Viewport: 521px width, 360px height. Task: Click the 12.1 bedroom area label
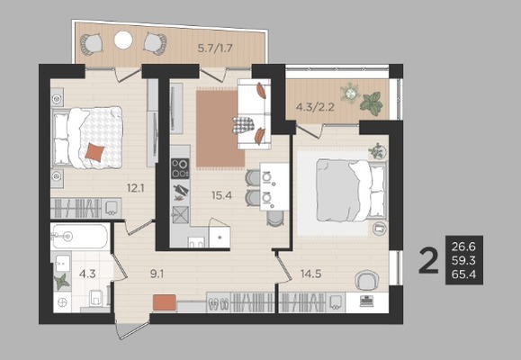135,188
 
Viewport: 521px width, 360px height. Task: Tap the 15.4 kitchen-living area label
222,195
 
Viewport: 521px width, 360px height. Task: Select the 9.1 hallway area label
157,274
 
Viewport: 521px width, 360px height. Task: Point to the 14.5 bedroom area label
310,274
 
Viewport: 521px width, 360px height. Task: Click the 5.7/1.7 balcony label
215,49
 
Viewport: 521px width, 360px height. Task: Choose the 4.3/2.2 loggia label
315,107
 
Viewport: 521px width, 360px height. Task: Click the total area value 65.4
463,274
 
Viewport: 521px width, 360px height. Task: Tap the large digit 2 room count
428,261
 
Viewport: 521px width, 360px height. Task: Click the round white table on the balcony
123,40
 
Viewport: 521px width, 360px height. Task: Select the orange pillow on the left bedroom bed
94,152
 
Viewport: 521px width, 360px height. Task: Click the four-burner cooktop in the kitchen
180,168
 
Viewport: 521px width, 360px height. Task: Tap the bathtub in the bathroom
80,237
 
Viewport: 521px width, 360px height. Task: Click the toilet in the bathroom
95,298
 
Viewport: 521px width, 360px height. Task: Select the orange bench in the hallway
165,302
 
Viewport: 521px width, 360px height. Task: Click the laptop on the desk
367,301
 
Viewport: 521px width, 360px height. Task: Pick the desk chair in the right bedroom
365,280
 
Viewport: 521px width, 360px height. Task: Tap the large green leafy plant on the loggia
371,103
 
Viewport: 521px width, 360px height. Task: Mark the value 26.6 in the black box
463,247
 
